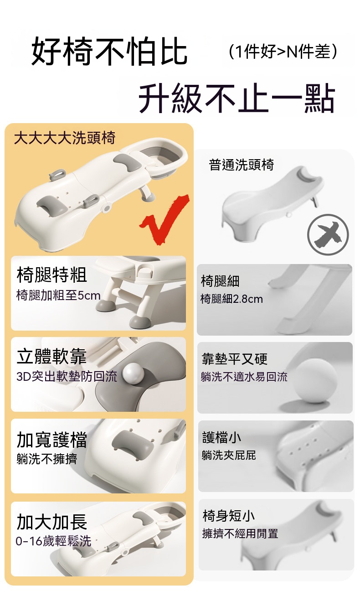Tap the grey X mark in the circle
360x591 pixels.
pos(328,234)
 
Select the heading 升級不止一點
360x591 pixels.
pos(237,98)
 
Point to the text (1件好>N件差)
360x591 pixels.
pos(283,51)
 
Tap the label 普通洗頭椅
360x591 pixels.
pos(242,165)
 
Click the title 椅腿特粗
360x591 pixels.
pos(51,275)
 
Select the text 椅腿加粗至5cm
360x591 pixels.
pos(58,295)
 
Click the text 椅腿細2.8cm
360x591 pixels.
pos(231,299)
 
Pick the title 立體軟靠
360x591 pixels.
pos(51,356)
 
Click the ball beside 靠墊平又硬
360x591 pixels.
pos(315,381)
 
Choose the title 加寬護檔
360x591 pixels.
pos(51,440)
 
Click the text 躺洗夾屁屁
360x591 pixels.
pos(229,455)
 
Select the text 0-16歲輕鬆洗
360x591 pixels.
pos(53,541)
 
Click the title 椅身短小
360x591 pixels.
pos(228,516)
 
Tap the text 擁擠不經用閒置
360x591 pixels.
pos(240,534)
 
